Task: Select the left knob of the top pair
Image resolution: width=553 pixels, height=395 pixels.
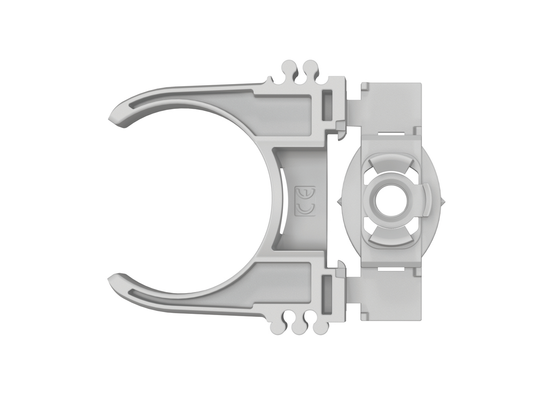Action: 288,68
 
